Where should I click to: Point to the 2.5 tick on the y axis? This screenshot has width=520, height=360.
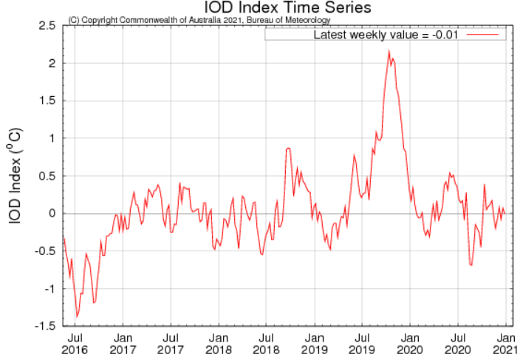coord(46,26)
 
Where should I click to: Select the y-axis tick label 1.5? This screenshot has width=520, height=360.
coord(46,101)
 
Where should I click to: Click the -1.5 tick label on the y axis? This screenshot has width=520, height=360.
coord(44,326)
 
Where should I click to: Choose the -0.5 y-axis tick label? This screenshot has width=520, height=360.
coord(44,251)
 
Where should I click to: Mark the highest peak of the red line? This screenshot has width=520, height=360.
coord(389,51)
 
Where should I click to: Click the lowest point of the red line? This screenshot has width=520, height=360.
coord(77,316)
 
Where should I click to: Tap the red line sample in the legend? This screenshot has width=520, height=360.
coord(484,35)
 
